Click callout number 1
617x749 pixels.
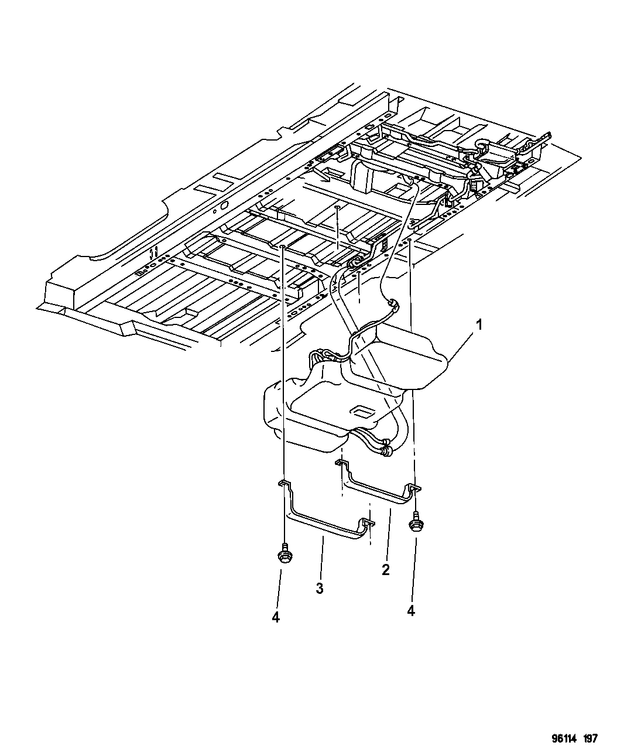coord(479,326)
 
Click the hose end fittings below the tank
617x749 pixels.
coord(387,448)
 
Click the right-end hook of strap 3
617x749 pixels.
coord(366,525)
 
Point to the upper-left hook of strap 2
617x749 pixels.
coord(341,463)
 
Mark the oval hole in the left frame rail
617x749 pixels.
coord(224,205)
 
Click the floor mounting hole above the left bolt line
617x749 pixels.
coord(283,247)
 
